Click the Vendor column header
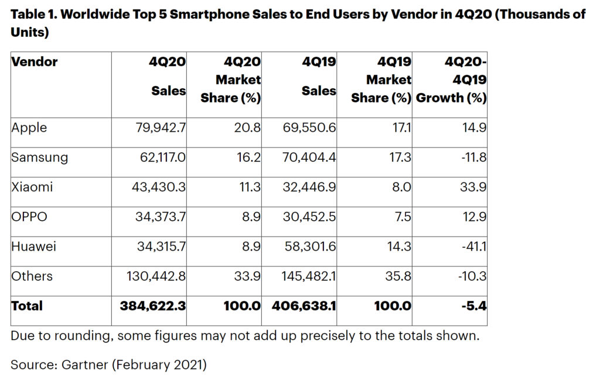34,61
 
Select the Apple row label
29,127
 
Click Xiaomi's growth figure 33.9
474,187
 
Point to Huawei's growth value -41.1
473,247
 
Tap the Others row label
32,276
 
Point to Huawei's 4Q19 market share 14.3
400,247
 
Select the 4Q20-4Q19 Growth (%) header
451,80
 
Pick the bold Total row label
27,305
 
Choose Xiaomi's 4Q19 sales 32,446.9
309,187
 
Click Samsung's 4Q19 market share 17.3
400,157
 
